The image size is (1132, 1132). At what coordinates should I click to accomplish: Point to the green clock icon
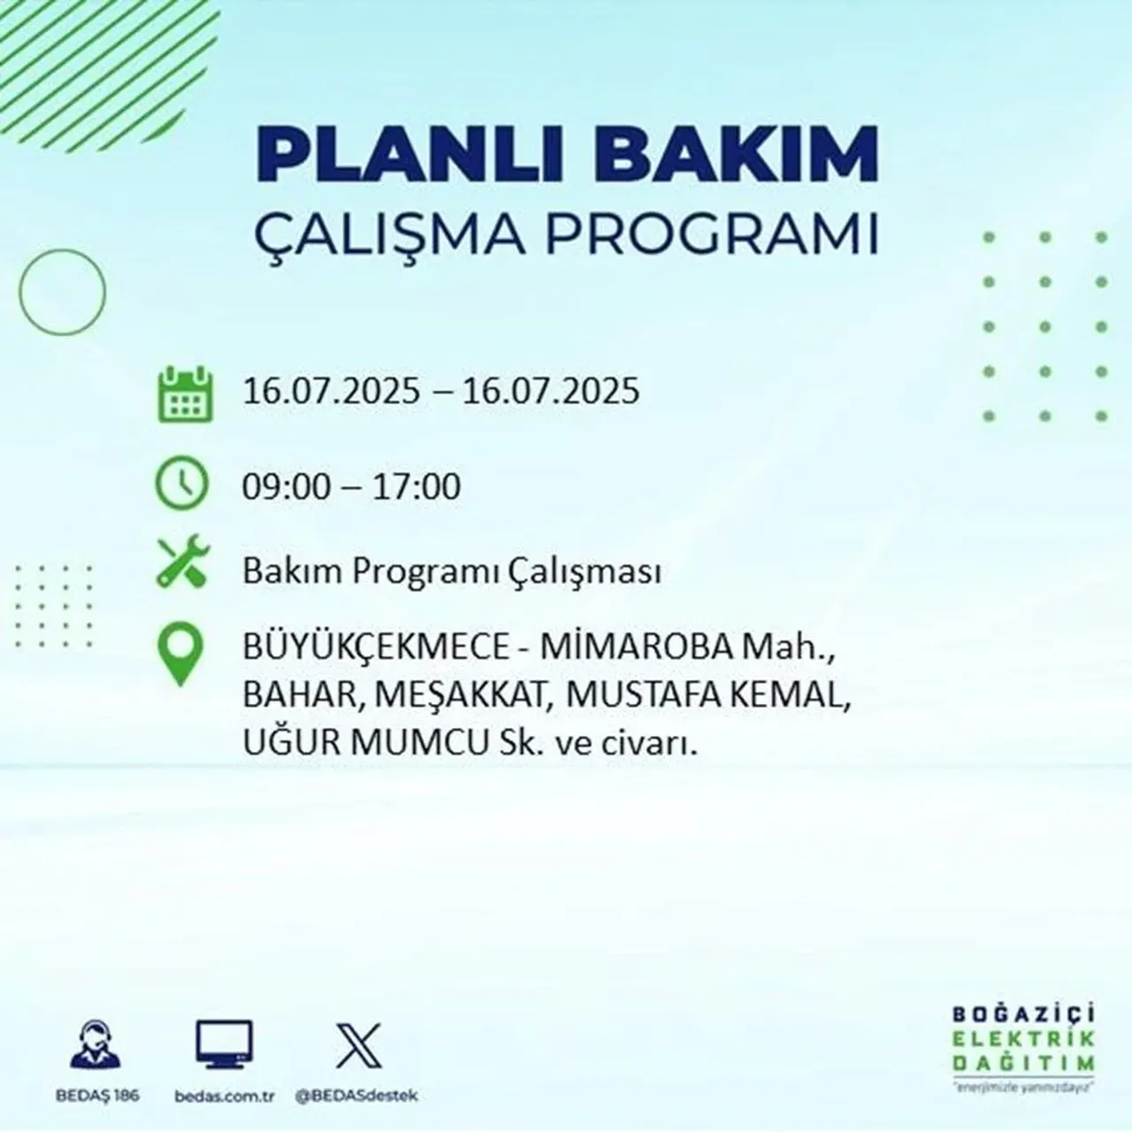[181, 485]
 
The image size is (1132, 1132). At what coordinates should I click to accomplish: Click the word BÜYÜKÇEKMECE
[376, 648]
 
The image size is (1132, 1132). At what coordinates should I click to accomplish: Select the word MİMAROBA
[636, 648]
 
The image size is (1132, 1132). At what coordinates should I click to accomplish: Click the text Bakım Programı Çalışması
[452, 572]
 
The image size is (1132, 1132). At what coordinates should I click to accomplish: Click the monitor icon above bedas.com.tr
[224, 1044]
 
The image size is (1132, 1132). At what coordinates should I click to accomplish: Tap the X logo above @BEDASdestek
[358, 1044]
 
